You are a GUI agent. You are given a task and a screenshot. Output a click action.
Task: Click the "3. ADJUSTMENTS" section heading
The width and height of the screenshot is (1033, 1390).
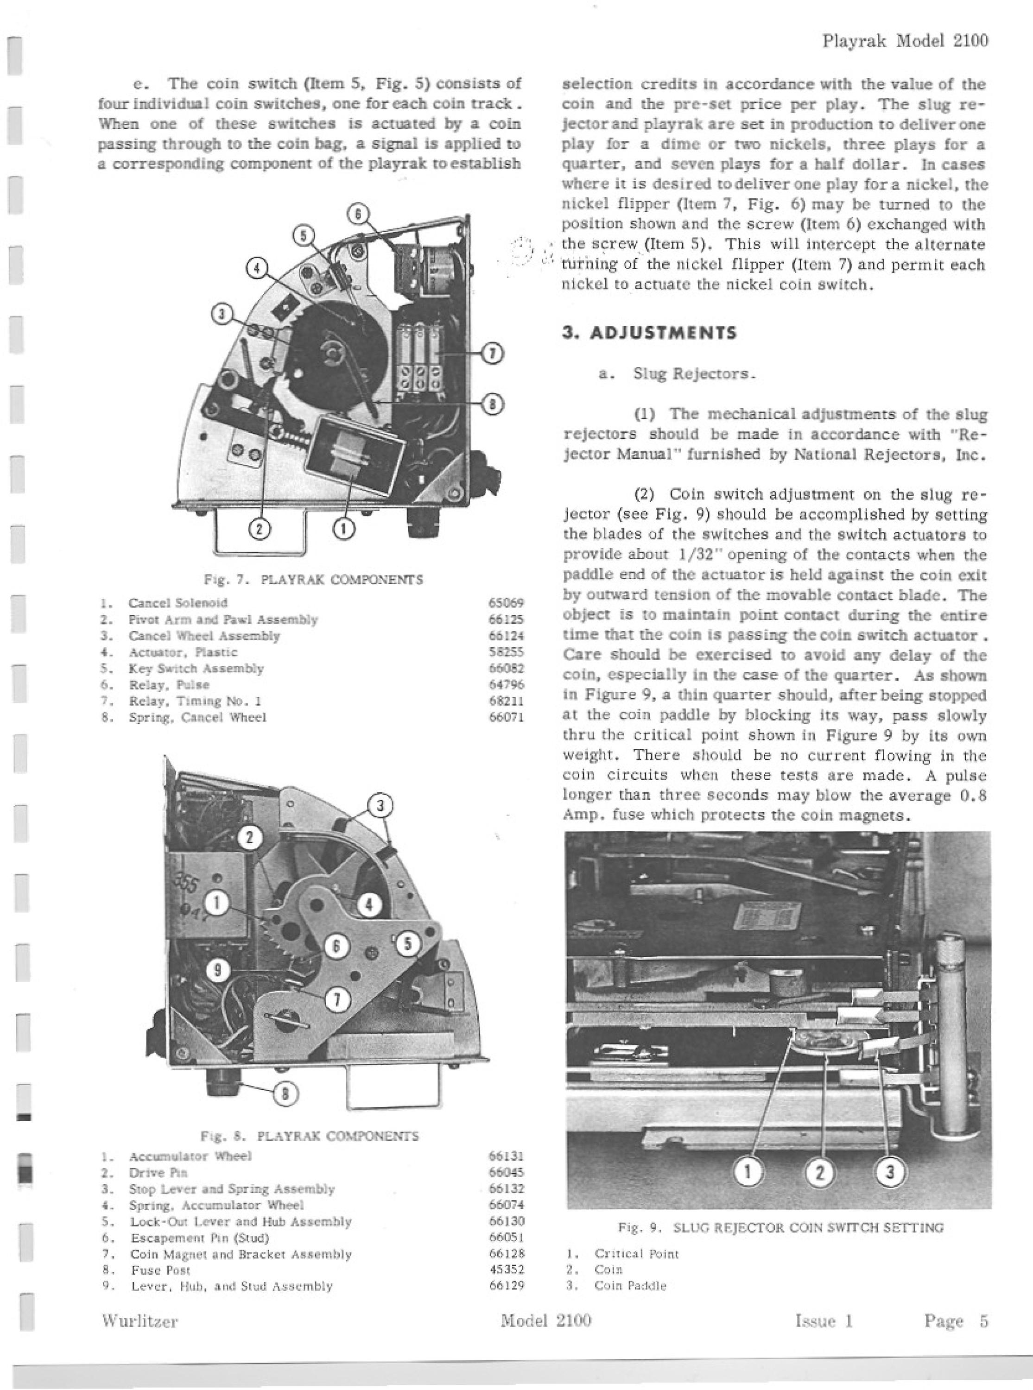(650, 333)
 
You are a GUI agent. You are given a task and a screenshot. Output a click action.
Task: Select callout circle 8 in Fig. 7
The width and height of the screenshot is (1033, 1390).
(493, 405)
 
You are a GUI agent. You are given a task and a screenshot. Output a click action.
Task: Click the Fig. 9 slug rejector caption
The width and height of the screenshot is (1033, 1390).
(780, 1227)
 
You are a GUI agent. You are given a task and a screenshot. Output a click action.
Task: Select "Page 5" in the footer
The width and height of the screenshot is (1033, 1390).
(957, 1320)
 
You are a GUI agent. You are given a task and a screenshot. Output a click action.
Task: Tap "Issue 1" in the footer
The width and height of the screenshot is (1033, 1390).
(824, 1320)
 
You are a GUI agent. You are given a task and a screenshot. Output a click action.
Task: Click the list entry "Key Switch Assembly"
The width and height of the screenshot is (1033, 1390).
(196, 669)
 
